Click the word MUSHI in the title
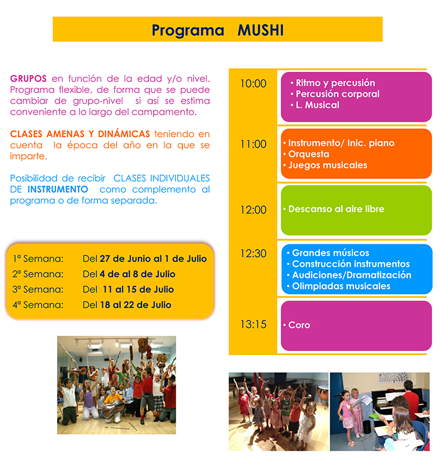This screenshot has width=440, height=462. point(260,30)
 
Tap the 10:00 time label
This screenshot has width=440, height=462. point(253,84)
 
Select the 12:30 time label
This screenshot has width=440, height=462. point(253,254)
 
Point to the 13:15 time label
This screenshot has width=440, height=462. point(253,325)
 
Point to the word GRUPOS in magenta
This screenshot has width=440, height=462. point(28,79)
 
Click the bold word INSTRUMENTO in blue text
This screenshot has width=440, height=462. point(58,189)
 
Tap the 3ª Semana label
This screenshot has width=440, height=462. point(38,289)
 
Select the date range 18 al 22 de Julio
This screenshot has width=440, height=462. point(136,305)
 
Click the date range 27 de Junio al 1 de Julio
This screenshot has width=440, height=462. point(153,259)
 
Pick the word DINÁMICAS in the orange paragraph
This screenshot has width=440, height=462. point(124,134)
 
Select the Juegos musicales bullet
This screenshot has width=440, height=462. point(328,165)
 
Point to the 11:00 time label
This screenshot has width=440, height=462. point(253,144)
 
